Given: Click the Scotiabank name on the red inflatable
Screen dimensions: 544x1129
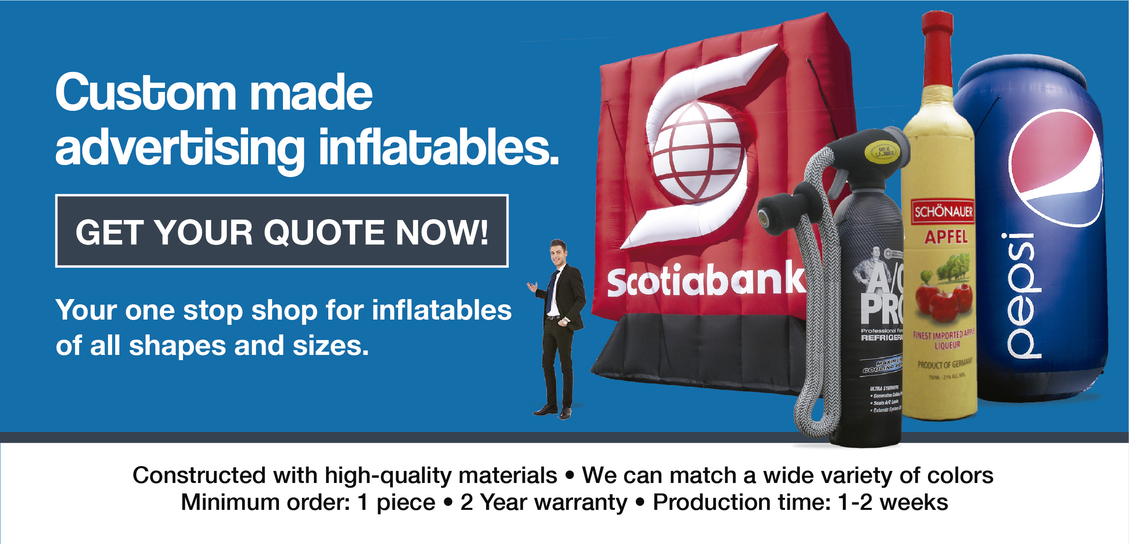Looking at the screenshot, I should (x=706, y=281).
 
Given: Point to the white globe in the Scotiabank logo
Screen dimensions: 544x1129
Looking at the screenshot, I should (x=697, y=151).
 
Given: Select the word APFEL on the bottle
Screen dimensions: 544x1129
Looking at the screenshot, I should (x=946, y=237).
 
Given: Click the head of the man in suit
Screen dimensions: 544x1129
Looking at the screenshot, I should (x=558, y=252).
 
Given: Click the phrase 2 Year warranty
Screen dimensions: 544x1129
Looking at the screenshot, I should (x=543, y=502).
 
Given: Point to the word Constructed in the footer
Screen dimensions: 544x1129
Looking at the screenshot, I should (x=199, y=475).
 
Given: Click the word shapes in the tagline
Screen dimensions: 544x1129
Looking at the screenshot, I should (x=177, y=346).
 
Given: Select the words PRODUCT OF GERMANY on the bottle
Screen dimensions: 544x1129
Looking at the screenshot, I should (x=945, y=363).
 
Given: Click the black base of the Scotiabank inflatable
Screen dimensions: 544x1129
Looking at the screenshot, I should (x=701, y=350).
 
